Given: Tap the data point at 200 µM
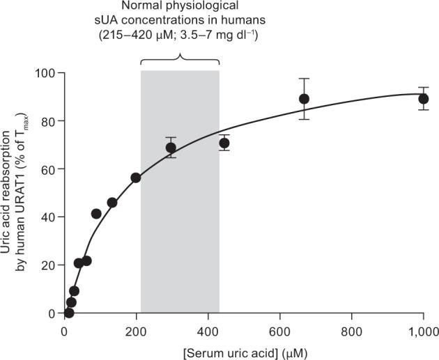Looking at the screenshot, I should tap(136, 178).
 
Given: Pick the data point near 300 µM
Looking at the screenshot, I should tap(171, 148).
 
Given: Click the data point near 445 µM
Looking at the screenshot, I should tap(224, 143).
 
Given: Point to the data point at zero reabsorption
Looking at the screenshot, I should tap(69, 313).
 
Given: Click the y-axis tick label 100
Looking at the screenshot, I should tap(47, 73).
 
